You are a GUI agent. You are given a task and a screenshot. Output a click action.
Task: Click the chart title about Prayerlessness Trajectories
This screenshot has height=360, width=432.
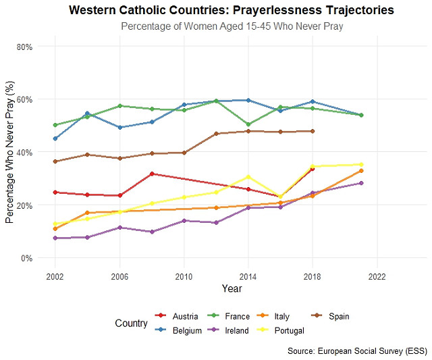(231, 11)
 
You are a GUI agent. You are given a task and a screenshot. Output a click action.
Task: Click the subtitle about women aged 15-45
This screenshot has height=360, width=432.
(232, 26)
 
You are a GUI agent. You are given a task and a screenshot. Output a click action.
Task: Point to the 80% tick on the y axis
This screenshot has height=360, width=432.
(25, 47)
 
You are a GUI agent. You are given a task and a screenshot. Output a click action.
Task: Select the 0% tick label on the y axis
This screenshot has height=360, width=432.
(28, 257)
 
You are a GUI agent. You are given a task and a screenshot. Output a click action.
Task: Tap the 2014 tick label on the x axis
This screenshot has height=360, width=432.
(248, 277)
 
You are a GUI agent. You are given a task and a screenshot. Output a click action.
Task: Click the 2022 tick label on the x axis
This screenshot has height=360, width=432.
(377, 277)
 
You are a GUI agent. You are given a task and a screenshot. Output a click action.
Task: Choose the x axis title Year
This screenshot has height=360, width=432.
(232, 289)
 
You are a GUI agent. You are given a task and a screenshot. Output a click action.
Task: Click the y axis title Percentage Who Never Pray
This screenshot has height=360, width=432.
(10, 153)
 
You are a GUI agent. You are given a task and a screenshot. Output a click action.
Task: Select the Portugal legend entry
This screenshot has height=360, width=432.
(290, 330)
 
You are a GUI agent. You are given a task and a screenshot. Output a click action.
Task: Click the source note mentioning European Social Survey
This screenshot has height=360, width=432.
(357, 351)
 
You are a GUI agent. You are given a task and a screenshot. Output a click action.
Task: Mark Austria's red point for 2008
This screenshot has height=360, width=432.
(152, 174)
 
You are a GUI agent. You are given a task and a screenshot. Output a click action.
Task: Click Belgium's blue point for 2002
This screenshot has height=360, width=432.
(55, 138)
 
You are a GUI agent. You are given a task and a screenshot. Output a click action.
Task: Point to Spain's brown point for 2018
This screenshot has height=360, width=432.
(312, 131)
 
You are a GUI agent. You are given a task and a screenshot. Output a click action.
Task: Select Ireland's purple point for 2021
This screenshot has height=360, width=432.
(361, 183)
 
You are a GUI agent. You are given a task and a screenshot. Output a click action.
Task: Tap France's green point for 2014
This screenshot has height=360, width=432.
(248, 124)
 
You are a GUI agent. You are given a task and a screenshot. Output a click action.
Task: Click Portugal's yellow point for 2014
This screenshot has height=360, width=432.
(248, 177)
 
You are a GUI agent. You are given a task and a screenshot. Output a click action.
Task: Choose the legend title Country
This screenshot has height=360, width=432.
(131, 324)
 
